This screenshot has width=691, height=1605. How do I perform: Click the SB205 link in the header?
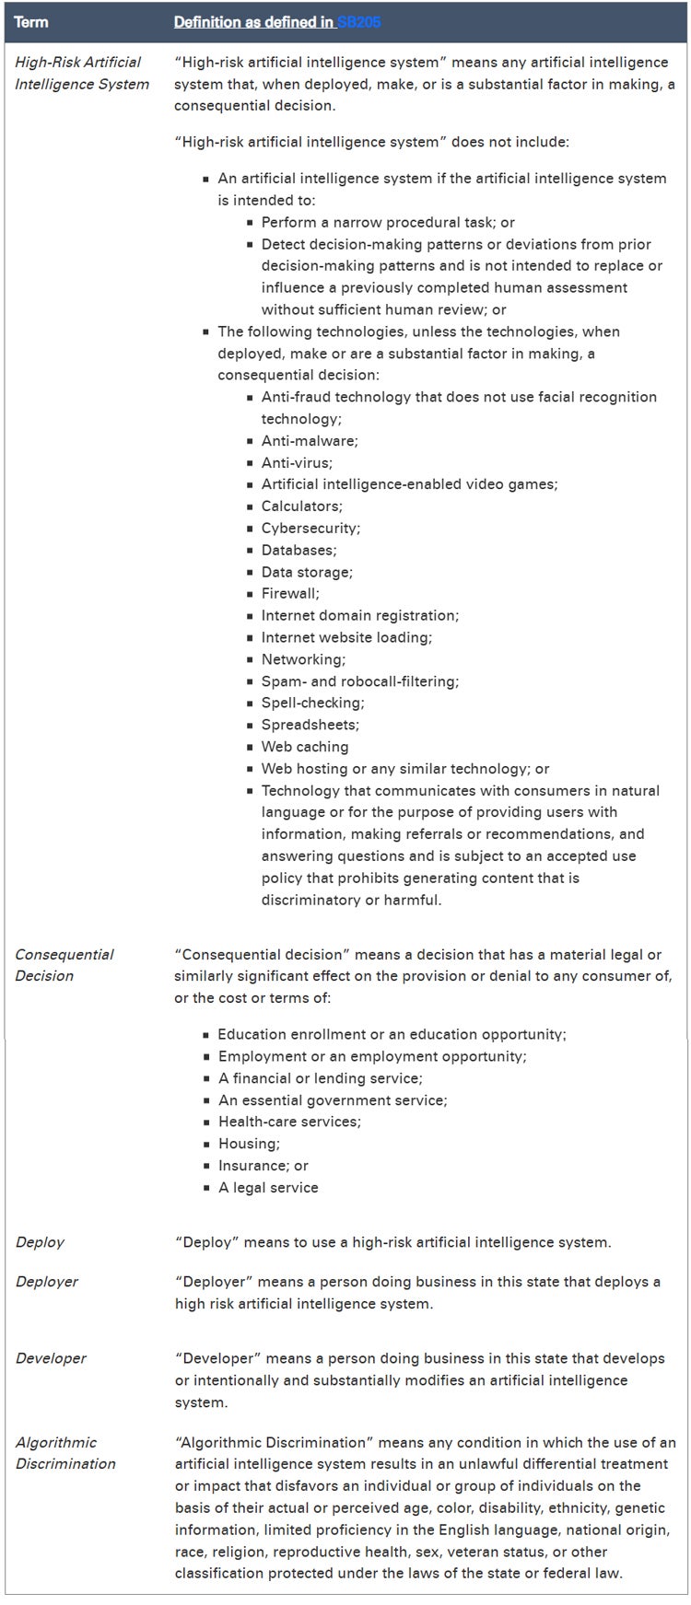[x=358, y=21]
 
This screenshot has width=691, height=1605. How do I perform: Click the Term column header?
[x=31, y=21]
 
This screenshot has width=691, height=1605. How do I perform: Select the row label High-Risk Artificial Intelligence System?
[x=82, y=73]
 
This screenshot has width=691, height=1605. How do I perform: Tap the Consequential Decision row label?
[x=64, y=964]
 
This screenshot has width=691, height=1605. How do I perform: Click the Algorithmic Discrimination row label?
[x=65, y=1452]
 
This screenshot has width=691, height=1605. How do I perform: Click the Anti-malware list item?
[x=310, y=440]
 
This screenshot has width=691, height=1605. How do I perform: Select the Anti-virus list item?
[x=297, y=462]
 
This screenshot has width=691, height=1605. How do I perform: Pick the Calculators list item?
[x=301, y=506]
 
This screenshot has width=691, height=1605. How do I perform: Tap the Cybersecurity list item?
[x=310, y=528]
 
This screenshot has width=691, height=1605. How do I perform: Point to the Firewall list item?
[x=290, y=593]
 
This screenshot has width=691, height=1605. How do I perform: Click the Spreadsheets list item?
[x=310, y=725]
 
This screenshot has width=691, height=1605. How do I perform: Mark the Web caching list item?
[x=305, y=747]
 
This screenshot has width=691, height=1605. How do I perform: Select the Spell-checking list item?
[x=312, y=703]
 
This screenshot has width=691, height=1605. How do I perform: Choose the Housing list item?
[x=249, y=1143]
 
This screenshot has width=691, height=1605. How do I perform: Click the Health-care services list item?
[x=276, y=1121]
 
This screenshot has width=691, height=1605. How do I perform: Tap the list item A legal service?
[x=268, y=1187]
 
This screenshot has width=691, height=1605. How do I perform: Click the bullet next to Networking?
[x=251, y=659]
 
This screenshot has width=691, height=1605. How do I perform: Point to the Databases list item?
[x=299, y=550]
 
